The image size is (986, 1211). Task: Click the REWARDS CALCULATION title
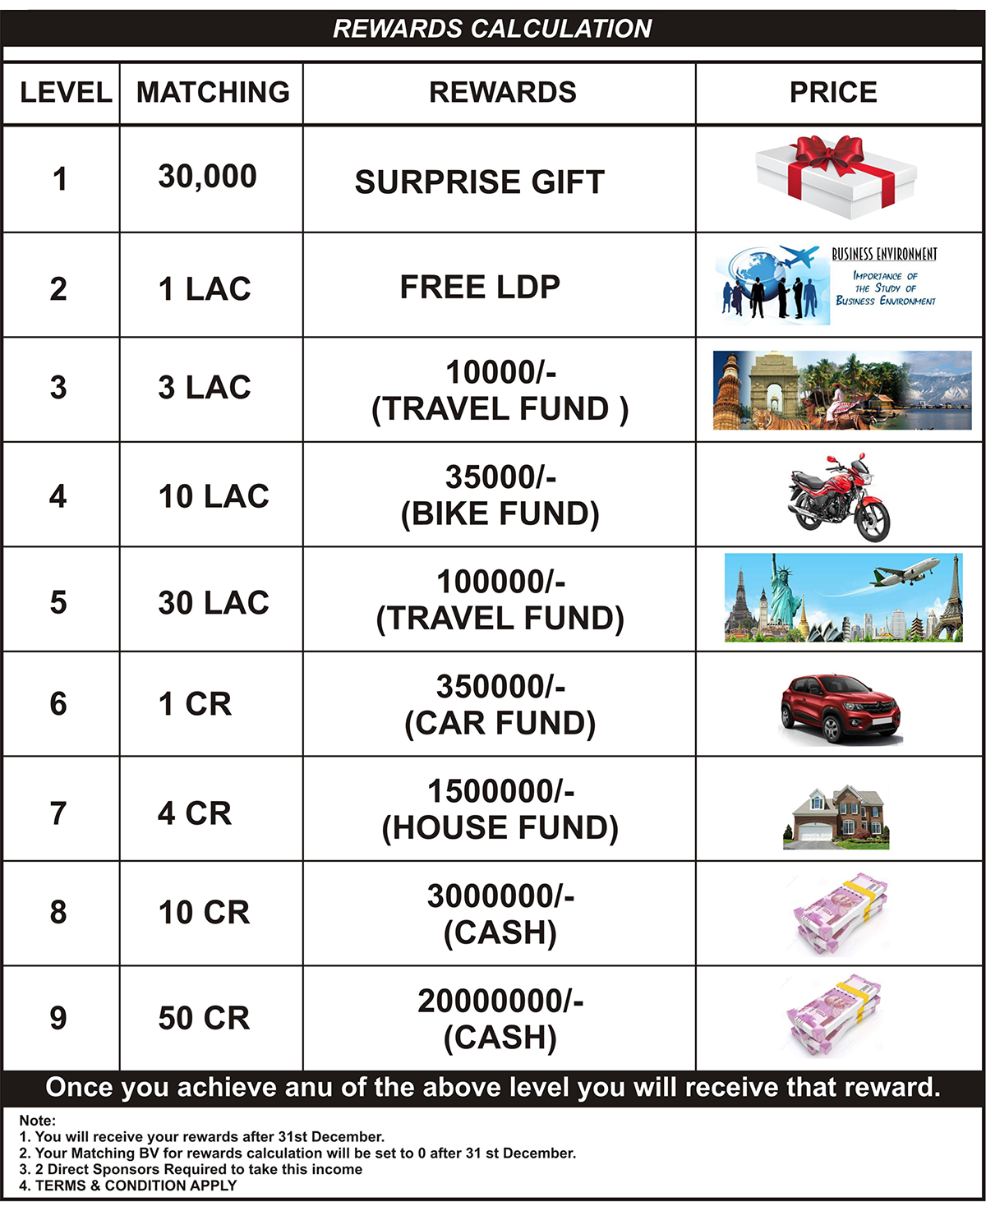click(x=492, y=29)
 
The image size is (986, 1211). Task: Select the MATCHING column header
click(x=213, y=92)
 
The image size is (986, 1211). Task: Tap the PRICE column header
click(x=833, y=92)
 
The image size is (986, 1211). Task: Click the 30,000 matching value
click(x=207, y=177)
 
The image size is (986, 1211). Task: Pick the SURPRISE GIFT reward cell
click(x=480, y=182)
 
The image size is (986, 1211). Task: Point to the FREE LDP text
click(x=480, y=288)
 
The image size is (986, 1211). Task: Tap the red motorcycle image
click(x=839, y=496)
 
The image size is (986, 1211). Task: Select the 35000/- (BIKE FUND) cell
click(x=500, y=495)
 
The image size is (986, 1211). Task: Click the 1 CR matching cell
click(x=195, y=704)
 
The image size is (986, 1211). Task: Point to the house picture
click(x=836, y=816)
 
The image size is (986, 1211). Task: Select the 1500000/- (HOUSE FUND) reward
click(x=500, y=809)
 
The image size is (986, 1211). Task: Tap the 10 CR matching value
click(x=204, y=913)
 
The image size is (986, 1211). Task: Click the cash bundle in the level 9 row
click(x=834, y=1015)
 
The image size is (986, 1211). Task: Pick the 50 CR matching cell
click(x=204, y=1019)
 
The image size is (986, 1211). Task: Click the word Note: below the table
click(x=38, y=1121)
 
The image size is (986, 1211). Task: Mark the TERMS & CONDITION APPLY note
click(x=128, y=1186)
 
